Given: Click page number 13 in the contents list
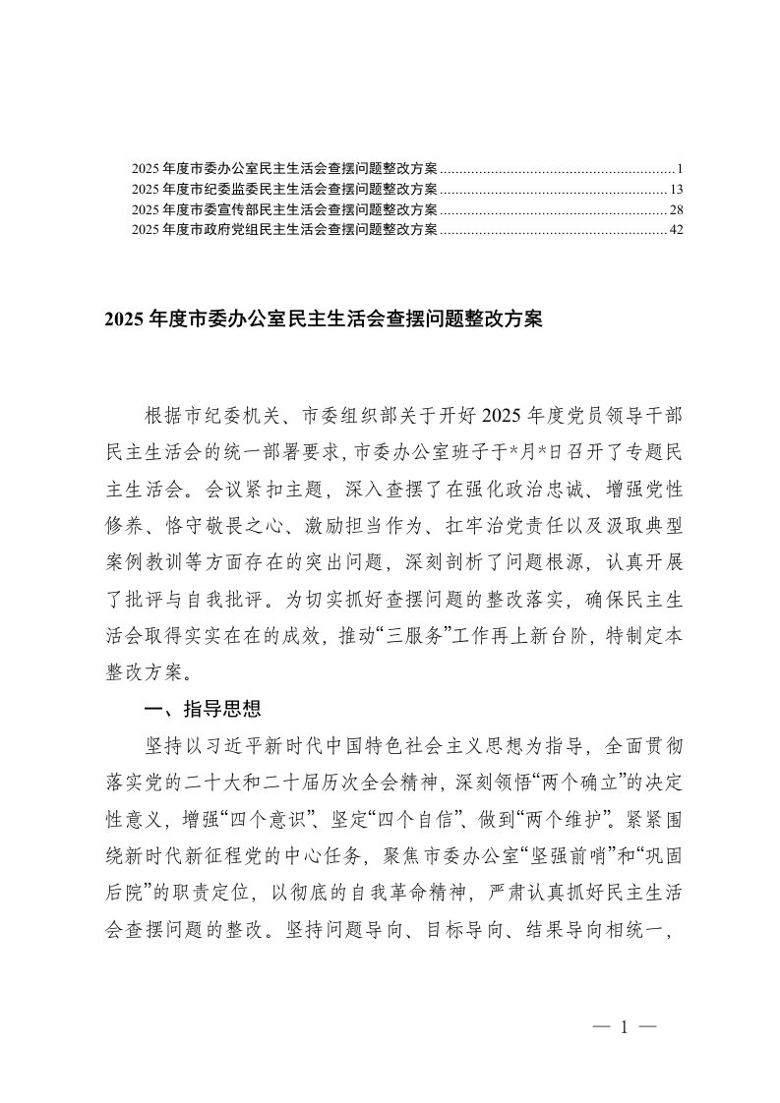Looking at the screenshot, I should (676, 188).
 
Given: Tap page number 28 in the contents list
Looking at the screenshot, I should (676, 209).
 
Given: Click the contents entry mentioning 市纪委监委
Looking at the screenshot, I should (284, 188).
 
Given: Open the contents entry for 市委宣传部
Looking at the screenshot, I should (284, 209).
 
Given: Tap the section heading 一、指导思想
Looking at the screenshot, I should (203, 709).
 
